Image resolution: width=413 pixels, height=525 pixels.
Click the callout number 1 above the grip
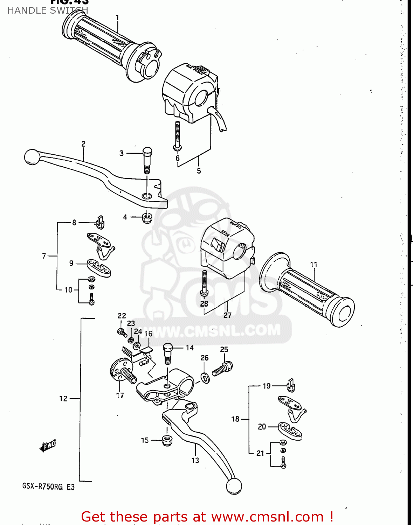(117, 17)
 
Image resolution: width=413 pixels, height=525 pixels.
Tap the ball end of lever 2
(32, 157)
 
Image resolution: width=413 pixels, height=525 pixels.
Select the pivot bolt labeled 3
(147, 159)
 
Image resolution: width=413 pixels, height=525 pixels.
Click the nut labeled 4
(147, 218)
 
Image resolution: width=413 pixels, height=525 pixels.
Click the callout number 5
(199, 171)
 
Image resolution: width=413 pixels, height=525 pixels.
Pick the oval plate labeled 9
(99, 268)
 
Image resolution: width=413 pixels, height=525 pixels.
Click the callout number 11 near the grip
(314, 265)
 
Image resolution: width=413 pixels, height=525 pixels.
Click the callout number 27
(227, 315)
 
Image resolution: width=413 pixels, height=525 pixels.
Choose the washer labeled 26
(205, 378)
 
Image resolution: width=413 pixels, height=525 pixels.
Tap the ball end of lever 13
(234, 486)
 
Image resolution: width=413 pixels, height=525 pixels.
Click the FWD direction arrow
(48, 446)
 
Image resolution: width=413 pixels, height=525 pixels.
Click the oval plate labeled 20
(290, 430)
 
